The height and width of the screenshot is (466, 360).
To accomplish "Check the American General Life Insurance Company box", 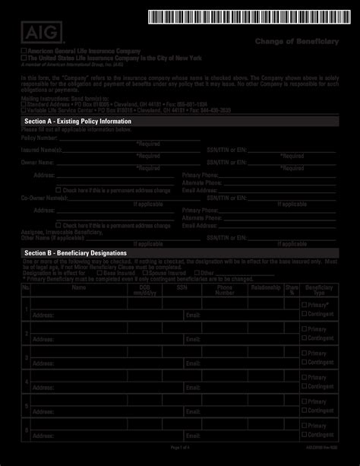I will click(x=24, y=50).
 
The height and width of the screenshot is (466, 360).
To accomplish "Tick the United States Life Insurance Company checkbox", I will click(x=24, y=56).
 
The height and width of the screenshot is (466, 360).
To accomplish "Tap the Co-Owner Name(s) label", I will click(x=41, y=198).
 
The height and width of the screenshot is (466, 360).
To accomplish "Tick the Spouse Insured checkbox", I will click(x=146, y=272).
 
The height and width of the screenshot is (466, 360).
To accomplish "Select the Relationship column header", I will click(x=266, y=289).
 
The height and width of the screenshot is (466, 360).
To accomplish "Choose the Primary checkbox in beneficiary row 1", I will click(x=305, y=304).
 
